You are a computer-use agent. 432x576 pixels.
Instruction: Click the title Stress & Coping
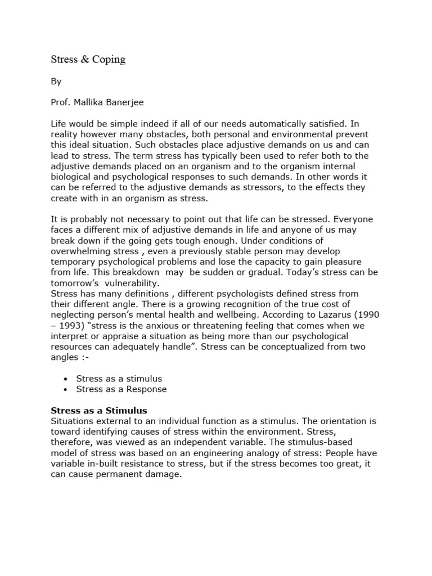point(88,60)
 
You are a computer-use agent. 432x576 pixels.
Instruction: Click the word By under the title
point(56,82)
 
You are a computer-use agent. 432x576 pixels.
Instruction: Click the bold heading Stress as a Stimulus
point(103,410)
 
